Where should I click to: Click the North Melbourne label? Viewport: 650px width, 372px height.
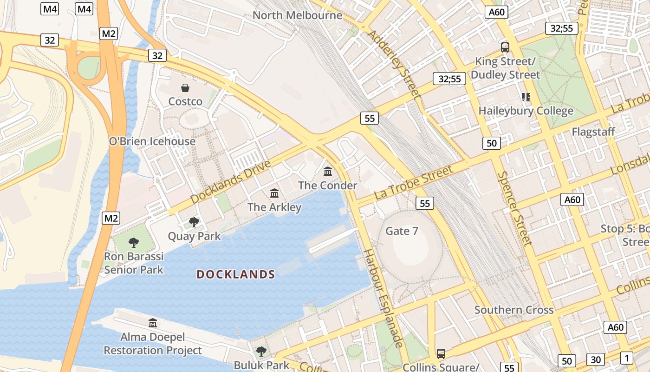click(297, 15)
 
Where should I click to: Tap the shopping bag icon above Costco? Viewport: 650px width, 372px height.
click(185, 88)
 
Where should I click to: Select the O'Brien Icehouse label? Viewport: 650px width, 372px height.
click(152, 141)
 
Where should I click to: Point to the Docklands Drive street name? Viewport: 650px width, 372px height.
click(230, 182)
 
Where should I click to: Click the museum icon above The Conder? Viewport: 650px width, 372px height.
click(328, 172)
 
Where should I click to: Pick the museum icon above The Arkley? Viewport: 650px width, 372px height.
click(274, 193)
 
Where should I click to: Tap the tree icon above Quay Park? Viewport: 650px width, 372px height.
click(194, 222)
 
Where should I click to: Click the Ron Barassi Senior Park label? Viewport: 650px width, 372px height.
click(134, 263)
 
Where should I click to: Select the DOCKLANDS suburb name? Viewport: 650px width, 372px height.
click(236, 274)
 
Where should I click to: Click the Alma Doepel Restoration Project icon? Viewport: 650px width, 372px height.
click(153, 323)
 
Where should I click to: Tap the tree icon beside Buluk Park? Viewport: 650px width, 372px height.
click(261, 351)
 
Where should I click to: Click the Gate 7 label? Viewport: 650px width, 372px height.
click(402, 231)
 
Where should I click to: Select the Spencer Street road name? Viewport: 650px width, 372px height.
click(514, 208)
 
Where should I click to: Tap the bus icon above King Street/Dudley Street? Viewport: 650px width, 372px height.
click(505, 47)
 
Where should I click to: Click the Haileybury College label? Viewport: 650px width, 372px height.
click(526, 111)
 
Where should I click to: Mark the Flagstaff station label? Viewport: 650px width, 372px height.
click(593, 132)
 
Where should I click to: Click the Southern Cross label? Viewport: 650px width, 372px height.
click(514, 310)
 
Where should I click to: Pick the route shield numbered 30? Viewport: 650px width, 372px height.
click(596, 359)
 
